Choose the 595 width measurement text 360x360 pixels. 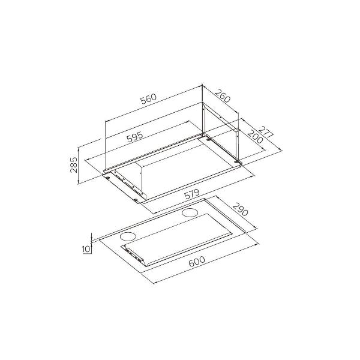134,138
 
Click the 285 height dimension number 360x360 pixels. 74,163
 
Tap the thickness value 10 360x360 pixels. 86,247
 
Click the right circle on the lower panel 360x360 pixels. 191,212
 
